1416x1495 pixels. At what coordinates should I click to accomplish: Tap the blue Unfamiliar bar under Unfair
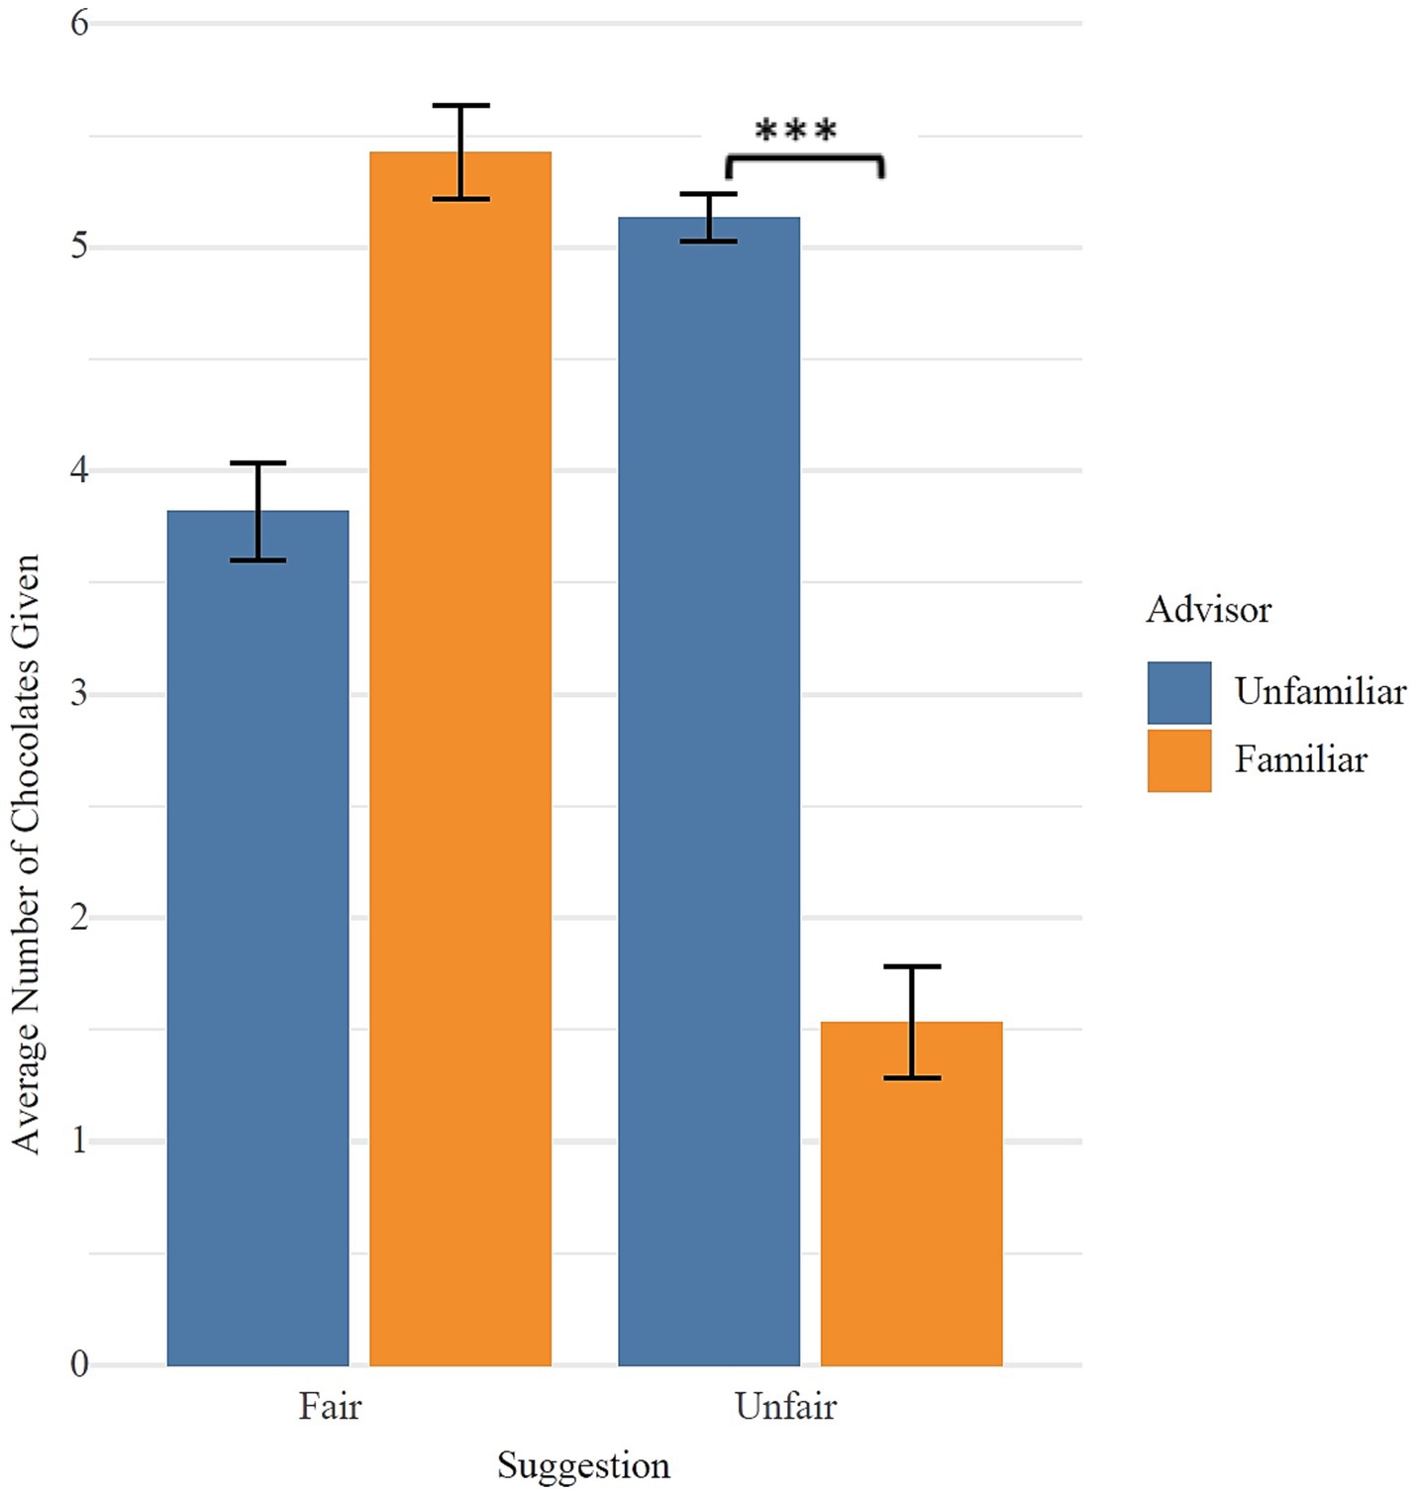[709, 792]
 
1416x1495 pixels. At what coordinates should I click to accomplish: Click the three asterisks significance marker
[796, 131]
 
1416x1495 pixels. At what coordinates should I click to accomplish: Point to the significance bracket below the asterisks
[804, 157]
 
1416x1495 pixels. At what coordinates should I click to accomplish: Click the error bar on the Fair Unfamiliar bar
[257, 512]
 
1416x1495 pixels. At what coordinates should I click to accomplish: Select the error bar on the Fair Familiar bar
[460, 152]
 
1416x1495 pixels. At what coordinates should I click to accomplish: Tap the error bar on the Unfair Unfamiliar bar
[709, 218]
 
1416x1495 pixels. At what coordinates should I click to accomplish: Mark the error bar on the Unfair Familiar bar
[911, 1022]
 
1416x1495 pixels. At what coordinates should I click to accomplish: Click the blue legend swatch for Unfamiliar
[1178, 692]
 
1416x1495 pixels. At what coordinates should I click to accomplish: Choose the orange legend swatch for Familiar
[1178, 760]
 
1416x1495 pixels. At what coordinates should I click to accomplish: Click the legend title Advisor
[1208, 610]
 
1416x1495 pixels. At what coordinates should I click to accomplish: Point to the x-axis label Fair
[331, 1407]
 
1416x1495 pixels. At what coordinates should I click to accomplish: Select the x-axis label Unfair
[786, 1407]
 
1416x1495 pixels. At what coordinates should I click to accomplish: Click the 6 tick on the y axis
[79, 23]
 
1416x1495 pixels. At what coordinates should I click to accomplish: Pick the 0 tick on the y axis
[79, 1365]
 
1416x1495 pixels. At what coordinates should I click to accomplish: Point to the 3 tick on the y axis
[79, 694]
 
